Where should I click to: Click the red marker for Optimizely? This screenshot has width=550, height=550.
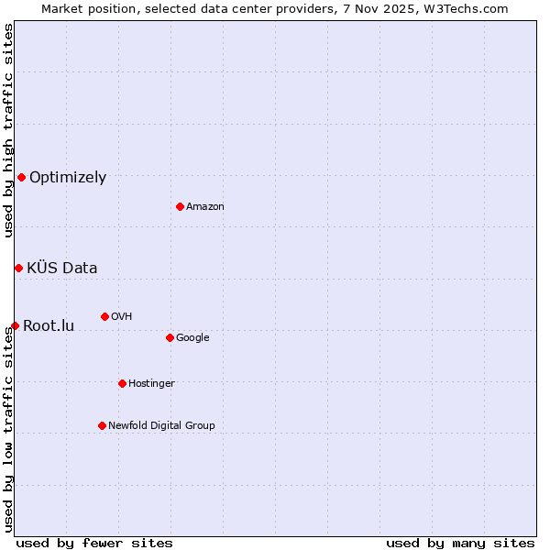click(x=21, y=177)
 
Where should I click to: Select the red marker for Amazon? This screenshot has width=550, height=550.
click(x=180, y=206)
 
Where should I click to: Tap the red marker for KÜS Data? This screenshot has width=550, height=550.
click(x=18, y=268)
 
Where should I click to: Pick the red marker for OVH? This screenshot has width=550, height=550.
click(x=104, y=316)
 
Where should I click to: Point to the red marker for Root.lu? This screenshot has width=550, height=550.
click(x=15, y=325)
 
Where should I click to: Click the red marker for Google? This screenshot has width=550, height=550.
click(x=170, y=337)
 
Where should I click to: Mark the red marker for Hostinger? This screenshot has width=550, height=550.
click(x=122, y=383)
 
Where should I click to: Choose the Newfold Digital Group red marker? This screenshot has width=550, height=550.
click(x=102, y=425)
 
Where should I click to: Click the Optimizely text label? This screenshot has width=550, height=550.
click(x=68, y=178)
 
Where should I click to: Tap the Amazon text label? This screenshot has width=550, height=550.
click(x=205, y=207)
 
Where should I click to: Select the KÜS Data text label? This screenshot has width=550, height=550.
click(x=62, y=269)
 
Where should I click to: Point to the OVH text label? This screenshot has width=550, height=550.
click(x=122, y=317)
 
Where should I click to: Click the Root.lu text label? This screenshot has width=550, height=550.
click(x=49, y=326)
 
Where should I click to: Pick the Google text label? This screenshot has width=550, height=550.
click(x=192, y=338)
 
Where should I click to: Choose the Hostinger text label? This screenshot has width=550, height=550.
click(x=151, y=384)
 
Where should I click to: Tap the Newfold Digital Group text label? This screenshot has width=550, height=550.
click(x=161, y=426)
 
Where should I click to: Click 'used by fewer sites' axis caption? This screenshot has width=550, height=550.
click(x=94, y=543)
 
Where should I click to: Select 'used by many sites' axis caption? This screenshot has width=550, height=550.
click(x=460, y=543)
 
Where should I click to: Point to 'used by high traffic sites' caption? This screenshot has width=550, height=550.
click(x=8, y=130)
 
